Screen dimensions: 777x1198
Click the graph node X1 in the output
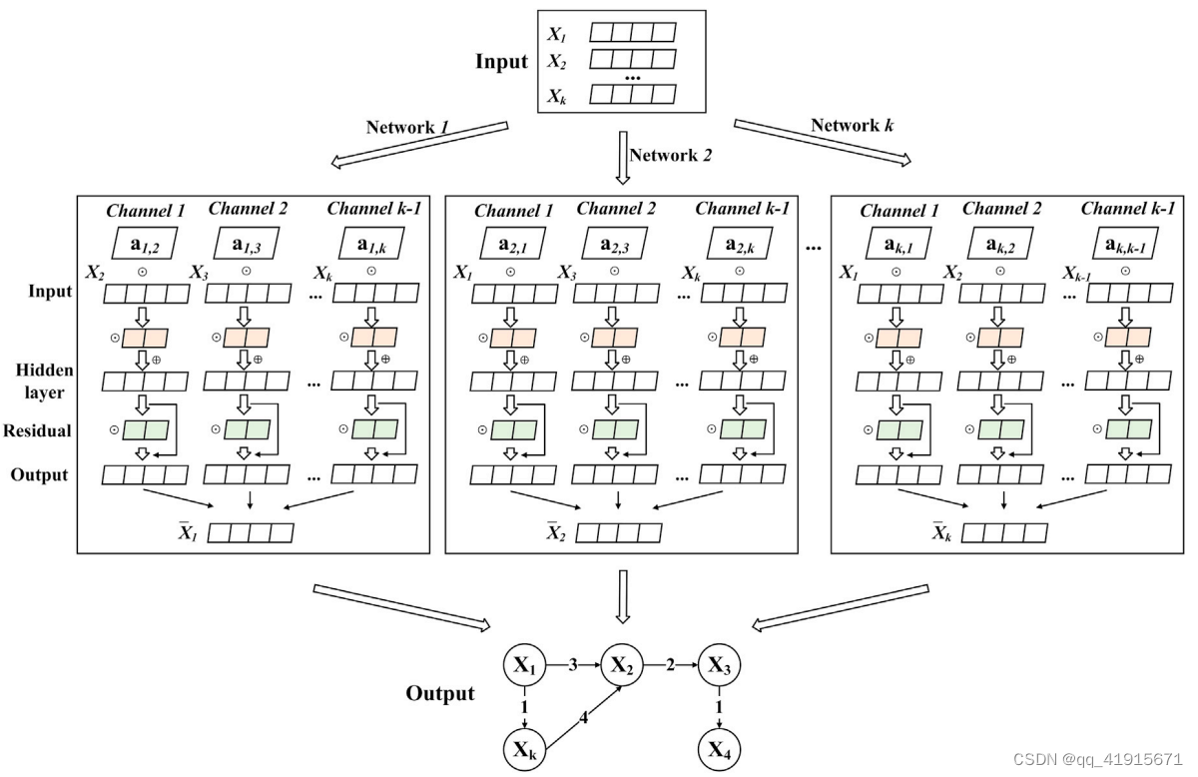pos(527,664)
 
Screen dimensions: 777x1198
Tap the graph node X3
pos(719,664)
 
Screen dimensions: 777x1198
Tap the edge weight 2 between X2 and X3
pos(671,663)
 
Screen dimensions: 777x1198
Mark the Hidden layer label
pos(40,381)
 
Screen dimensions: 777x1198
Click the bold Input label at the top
pos(501,62)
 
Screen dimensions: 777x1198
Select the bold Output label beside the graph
pos(440,694)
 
